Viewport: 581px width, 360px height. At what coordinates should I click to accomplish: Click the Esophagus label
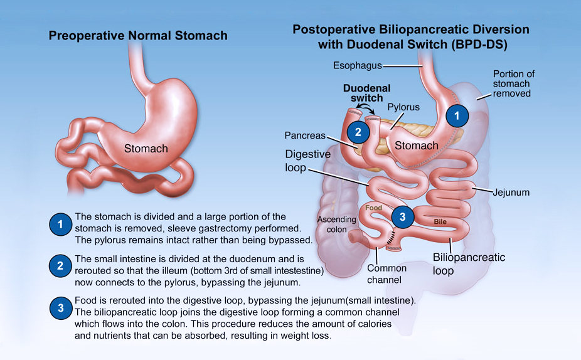coord(357,66)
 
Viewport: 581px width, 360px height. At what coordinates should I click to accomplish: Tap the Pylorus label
coord(403,107)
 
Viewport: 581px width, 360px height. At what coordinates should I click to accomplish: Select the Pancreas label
coord(305,135)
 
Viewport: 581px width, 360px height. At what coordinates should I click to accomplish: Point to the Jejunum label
coord(511,193)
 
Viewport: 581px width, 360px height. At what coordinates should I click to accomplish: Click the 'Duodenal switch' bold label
coord(367,93)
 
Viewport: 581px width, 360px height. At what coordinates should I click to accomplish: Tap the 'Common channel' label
coord(386,273)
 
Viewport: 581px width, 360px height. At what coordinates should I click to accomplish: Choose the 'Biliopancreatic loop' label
coord(469,263)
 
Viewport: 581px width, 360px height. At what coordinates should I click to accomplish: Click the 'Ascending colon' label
coord(336,225)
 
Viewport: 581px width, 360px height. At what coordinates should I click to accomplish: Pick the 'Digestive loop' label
coord(307,161)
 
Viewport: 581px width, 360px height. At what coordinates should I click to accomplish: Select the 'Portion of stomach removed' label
coord(513,83)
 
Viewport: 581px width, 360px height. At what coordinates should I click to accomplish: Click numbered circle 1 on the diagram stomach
coord(457,116)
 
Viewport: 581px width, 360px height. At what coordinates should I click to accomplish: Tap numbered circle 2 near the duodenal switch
coord(358,132)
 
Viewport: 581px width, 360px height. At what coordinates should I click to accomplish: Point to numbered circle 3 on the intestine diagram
coord(402,216)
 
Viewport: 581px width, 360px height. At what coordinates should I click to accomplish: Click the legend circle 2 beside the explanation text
coord(60,266)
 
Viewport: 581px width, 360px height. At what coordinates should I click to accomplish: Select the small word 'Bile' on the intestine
coord(440,222)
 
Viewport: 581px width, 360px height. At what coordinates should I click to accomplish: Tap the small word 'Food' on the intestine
coord(373,208)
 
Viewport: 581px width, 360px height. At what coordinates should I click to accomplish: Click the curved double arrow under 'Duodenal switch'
coord(365,107)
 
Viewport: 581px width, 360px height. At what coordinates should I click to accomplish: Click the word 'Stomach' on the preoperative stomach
coord(146,149)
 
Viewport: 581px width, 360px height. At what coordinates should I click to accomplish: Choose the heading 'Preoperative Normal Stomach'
coord(138,36)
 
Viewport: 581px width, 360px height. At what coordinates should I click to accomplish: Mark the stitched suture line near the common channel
coord(391,238)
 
